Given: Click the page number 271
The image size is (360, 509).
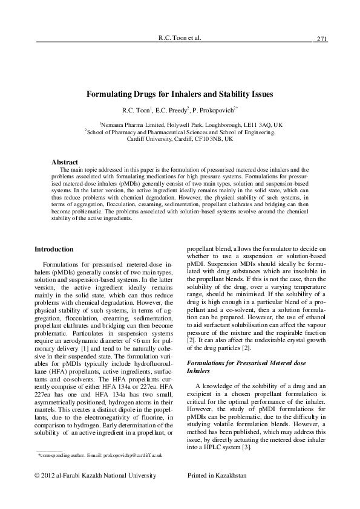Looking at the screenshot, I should pos(321,39).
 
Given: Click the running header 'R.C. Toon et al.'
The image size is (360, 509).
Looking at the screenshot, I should pos(179,37).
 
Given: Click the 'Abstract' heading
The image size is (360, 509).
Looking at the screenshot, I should pos(65,162).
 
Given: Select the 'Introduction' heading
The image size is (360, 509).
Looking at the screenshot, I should pos(54,249).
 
